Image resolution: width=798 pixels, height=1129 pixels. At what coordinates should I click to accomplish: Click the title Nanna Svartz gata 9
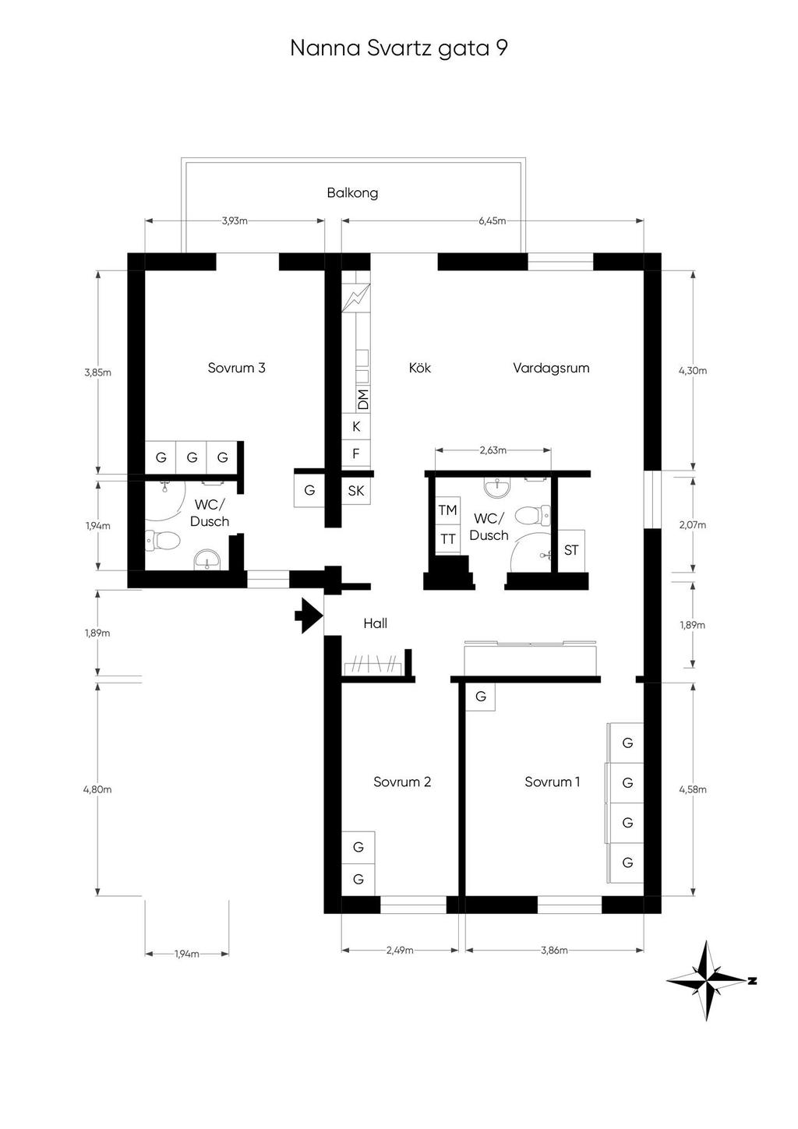[398, 48]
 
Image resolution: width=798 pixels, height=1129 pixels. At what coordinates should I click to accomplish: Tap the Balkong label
[352, 192]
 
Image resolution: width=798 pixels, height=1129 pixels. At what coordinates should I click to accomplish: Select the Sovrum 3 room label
[236, 368]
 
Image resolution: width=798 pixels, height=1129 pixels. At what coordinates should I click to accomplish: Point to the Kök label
[419, 368]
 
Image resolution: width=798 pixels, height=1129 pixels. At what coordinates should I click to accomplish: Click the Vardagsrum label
[551, 368]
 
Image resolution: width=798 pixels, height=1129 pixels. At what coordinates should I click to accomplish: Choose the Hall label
[375, 623]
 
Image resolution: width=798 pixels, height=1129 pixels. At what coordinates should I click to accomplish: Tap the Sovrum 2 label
[402, 782]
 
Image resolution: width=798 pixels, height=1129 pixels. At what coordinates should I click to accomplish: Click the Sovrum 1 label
[552, 782]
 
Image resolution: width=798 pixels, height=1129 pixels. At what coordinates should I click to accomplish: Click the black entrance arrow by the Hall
[309, 616]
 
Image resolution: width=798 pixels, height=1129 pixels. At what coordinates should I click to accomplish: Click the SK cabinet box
[356, 491]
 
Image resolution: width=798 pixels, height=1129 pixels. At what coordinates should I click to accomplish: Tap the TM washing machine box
[447, 510]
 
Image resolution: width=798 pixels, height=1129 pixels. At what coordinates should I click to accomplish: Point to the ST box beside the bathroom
[571, 550]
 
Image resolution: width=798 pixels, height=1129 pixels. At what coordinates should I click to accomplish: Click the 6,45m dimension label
[492, 221]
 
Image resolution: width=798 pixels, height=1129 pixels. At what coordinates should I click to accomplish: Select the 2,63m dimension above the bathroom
[493, 450]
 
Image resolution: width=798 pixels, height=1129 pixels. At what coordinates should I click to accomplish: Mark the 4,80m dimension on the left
[97, 789]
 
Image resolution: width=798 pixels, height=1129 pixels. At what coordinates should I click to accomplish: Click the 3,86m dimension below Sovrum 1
[553, 951]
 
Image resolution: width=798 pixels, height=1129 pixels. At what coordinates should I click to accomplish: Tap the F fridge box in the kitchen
[356, 453]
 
